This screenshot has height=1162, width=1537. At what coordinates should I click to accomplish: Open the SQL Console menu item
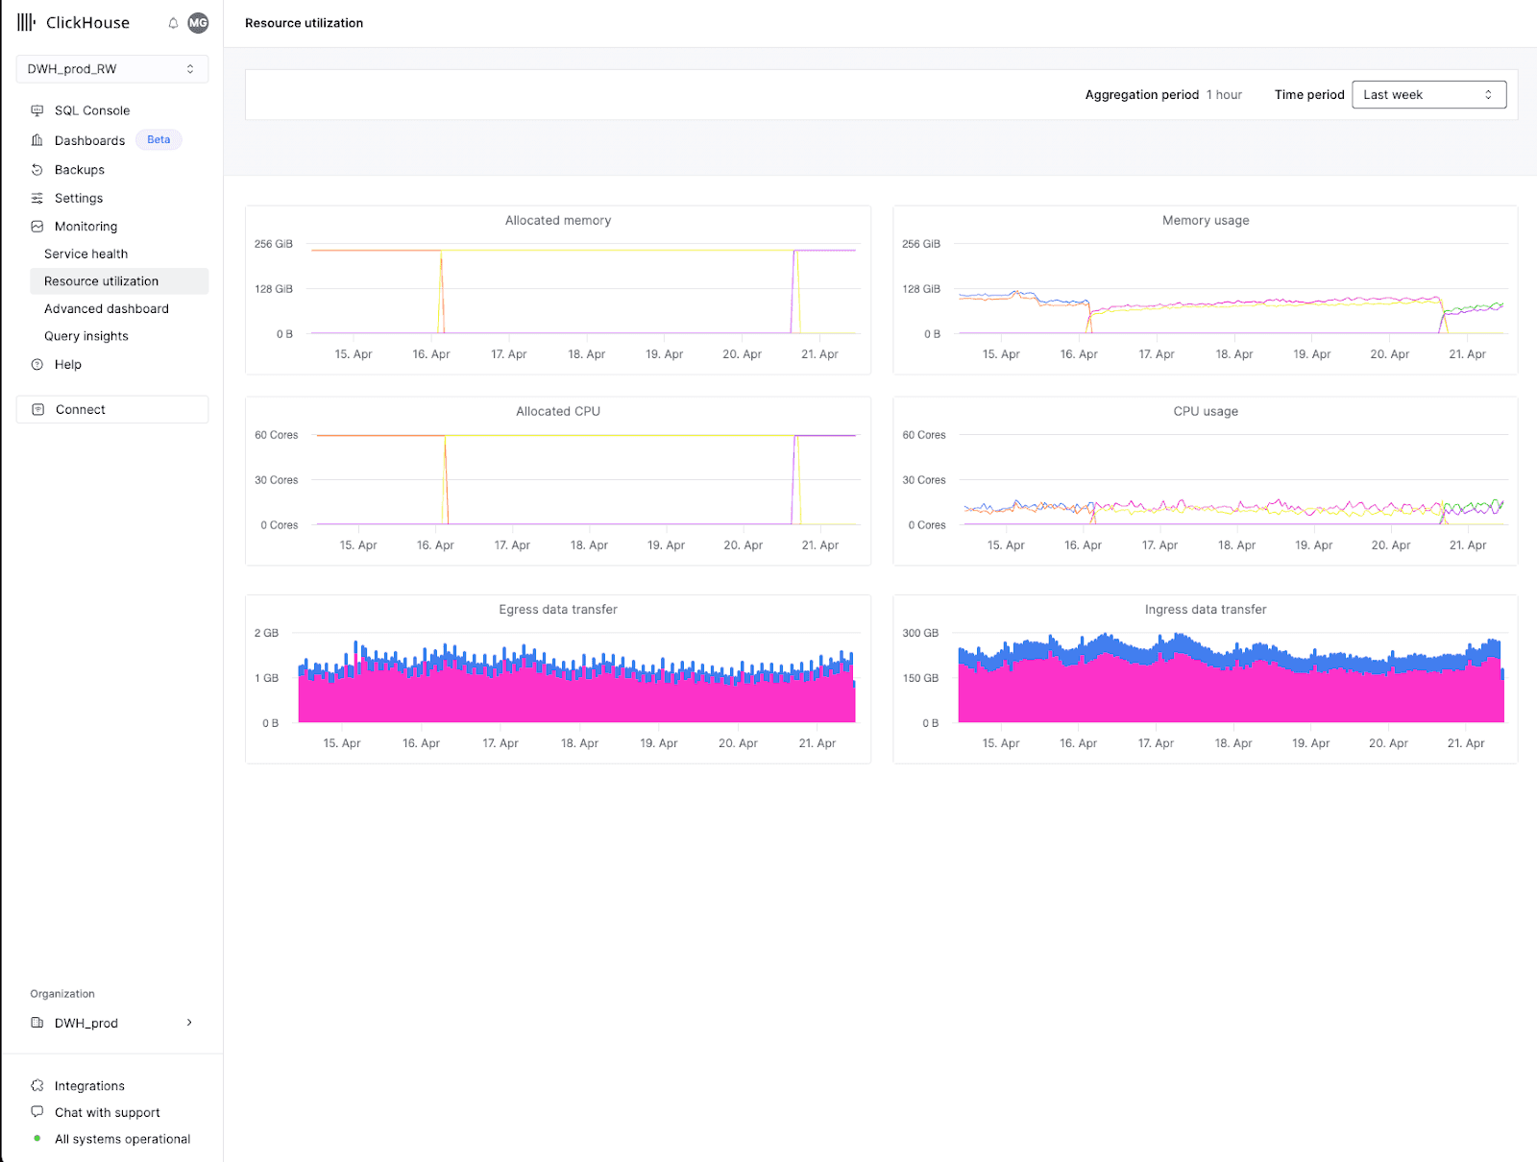click(x=91, y=110)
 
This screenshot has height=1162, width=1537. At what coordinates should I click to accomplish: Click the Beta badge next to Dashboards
click(x=159, y=140)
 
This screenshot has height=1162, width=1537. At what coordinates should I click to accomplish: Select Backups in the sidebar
click(x=79, y=170)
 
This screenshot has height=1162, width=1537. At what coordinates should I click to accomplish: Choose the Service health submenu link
click(x=85, y=254)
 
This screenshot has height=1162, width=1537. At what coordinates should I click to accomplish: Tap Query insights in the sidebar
click(x=86, y=336)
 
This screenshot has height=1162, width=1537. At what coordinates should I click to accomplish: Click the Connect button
click(x=112, y=409)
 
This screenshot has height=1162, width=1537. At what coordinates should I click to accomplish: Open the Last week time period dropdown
click(x=1428, y=94)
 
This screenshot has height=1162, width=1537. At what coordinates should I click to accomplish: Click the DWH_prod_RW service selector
click(x=112, y=68)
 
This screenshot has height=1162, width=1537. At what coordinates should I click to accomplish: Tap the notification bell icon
click(x=173, y=23)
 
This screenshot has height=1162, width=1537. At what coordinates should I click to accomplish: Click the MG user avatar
click(x=198, y=23)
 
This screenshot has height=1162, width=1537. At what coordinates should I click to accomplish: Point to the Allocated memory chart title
click(x=558, y=221)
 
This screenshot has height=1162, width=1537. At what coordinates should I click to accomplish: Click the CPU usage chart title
click(x=1205, y=412)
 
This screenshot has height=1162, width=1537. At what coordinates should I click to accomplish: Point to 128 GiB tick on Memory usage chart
click(x=921, y=289)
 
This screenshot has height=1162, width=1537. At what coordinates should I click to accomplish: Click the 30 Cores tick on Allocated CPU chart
click(x=276, y=480)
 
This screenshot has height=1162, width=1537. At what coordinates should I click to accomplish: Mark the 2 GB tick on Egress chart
click(x=266, y=633)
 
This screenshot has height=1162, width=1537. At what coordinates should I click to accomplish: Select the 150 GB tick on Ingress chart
click(x=920, y=678)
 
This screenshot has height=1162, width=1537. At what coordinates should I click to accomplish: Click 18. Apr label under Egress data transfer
click(x=579, y=743)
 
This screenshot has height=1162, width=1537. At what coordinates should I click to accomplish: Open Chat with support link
click(x=108, y=1112)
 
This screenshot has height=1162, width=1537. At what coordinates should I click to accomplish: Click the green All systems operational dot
click(x=37, y=1138)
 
